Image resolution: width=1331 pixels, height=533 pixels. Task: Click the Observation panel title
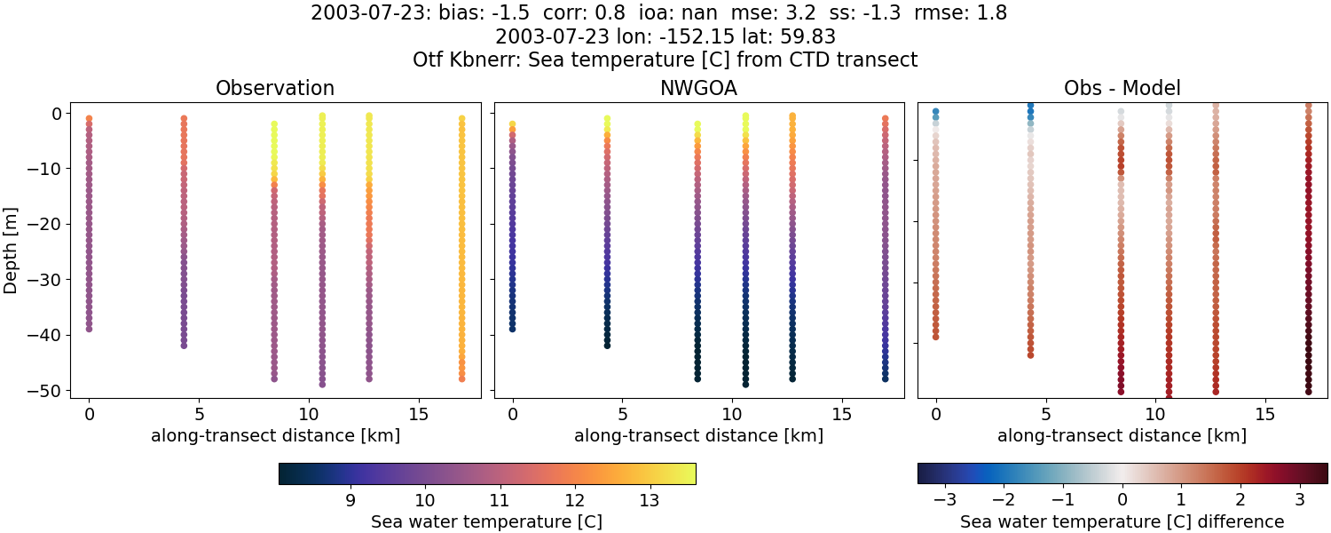(x=275, y=88)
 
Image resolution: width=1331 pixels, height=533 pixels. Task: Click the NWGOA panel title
(x=698, y=88)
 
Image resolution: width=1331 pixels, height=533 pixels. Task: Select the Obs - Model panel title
(x=1122, y=88)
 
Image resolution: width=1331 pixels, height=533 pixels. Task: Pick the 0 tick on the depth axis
(x=55, y=113)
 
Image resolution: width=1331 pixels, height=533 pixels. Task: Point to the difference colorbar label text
(x=1122, y=521)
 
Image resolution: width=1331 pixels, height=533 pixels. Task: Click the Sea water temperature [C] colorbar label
(x=486, y=521)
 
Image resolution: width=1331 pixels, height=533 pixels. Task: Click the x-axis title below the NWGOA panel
(x=698, y=435)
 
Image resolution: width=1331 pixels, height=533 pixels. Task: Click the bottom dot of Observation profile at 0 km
(x=89, y=329)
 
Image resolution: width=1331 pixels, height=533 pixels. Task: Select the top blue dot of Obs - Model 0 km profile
(x=935, y=112)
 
